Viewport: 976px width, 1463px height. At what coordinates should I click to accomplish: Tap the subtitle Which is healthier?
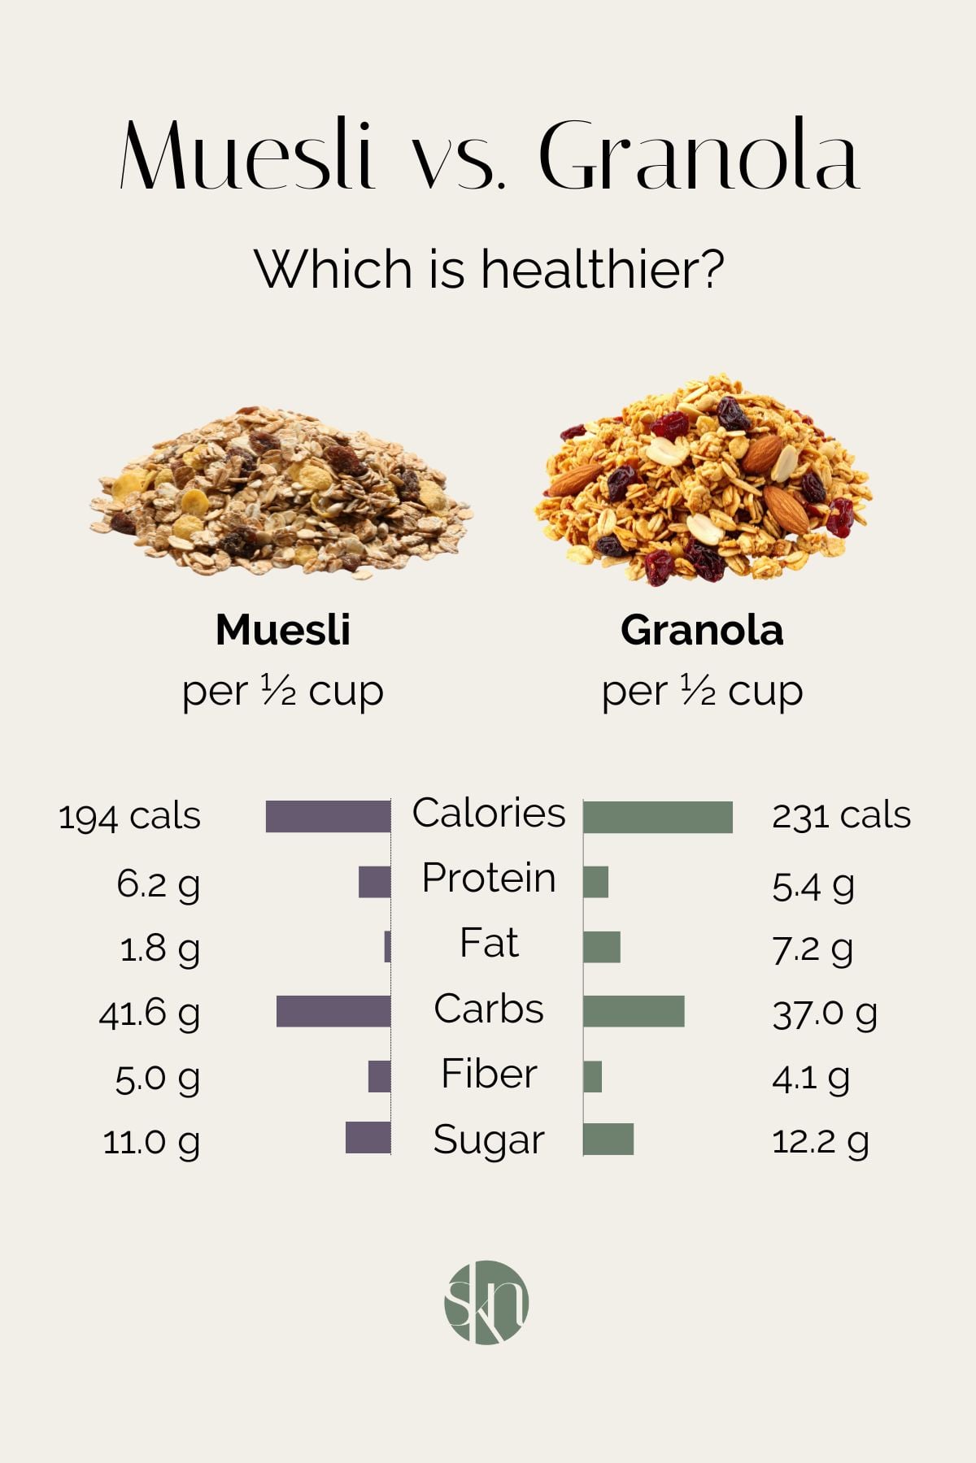[x=489, y=269]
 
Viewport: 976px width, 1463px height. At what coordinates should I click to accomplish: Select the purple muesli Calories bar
[x=328, y=817]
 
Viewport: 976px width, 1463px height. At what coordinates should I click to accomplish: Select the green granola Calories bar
[x=657, y=817]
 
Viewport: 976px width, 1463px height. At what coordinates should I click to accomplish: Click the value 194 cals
[x=129, y=816]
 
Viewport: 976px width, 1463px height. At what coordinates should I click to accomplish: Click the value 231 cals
[x=841, y=815]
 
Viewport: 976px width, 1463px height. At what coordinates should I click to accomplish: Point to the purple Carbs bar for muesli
[x=333, y=1011]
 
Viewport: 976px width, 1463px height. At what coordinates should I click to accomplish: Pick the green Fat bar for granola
[x=602, y=947]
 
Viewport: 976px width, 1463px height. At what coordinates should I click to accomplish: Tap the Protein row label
[x=489, y=879]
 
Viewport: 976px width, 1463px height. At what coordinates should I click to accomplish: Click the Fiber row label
[x=489, y=1074]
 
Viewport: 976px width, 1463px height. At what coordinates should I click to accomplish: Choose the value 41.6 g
[x=149, y=1014]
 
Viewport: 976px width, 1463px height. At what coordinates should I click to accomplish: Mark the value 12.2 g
[x=820, y=1142]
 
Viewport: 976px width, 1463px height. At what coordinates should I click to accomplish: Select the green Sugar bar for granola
[x=608, y=1139]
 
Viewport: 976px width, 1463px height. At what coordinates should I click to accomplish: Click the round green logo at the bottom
[x=486, y=1302]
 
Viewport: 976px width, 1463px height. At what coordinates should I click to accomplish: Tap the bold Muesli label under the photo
[x=283, y=630]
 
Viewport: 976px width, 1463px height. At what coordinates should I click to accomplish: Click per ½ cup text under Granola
[x=702, y=692]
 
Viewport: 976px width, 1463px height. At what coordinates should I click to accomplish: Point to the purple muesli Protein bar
[x=374, y=882]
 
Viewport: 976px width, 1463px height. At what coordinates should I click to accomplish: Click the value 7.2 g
[x=812, y=949]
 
